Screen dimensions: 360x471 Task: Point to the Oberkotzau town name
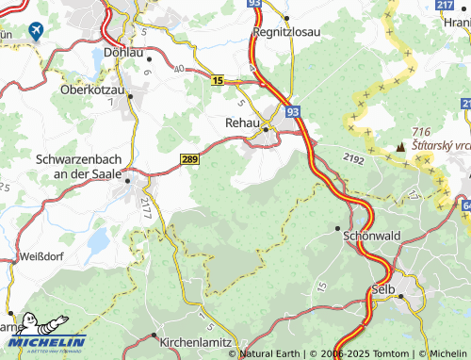pyautogui.click(x=92, y=90)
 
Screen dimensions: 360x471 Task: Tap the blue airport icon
pyautogui.click(x=37, y=30)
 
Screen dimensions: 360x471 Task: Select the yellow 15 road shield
pyautogui.click(x=218, y=81)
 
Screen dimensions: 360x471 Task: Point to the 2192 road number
pyautogui.click(x=353, y=160)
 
